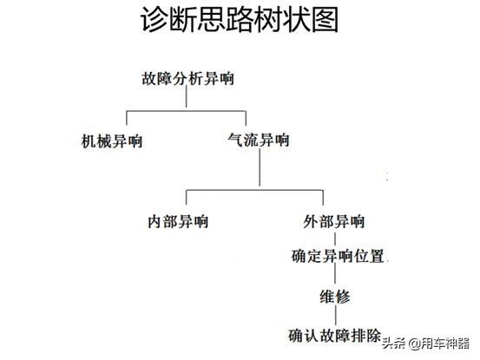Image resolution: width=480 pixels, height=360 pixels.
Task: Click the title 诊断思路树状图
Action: pos(240,20)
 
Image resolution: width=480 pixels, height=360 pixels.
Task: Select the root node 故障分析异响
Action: pos(187,78)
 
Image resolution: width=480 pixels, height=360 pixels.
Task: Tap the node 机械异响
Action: pos(112,141)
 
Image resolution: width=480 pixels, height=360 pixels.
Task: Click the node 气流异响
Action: pos(259,140)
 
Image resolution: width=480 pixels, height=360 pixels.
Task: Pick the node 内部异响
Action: pos(178,221)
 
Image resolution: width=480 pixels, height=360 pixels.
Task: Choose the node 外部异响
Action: pos(333,221)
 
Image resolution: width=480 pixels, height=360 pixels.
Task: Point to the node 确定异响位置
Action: pos(338,256)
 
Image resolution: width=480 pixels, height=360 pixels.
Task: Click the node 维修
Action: pos(335,297)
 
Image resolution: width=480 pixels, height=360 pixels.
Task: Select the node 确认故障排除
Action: pos(334,336)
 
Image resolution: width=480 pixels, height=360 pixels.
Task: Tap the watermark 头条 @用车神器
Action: pos(426,344)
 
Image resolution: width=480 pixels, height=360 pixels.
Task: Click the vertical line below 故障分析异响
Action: pos(187,96)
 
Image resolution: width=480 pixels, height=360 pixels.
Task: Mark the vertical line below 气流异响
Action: pos(260,167)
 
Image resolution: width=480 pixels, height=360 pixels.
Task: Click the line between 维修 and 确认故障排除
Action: pos(336,315)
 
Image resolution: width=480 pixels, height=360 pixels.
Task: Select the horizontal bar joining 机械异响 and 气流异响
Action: pos(186,111)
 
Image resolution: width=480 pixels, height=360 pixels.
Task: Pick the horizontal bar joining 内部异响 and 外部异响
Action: pos(254,190)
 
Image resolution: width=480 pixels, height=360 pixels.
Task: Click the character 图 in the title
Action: pos(325,20)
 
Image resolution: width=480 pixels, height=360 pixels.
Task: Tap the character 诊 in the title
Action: pos(154,20)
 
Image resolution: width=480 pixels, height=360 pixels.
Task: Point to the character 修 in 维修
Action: pos(343,297)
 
